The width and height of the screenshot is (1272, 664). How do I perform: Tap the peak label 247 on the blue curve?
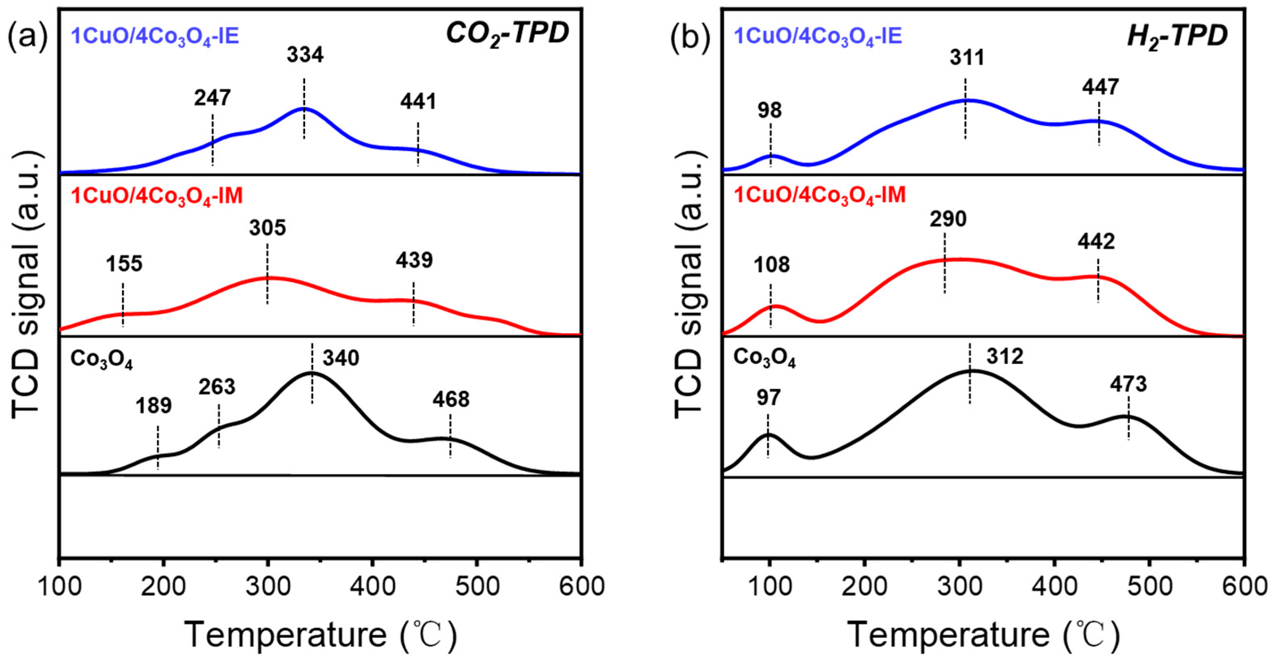(x=212, y=98)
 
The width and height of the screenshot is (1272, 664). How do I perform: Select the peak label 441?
(x=418, y=102)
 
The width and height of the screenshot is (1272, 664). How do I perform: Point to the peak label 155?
(x=124, y=264)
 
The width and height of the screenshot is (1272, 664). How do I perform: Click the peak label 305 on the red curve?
(x=267, y=228)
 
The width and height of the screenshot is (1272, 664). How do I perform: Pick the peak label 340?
(x=341, y=358)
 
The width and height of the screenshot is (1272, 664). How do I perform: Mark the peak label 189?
(x=154, y=406)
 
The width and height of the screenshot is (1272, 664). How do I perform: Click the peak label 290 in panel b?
(x=948, y=219)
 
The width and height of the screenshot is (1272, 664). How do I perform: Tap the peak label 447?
(x=1100, y=87)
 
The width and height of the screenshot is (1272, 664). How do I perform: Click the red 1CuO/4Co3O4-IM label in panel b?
(x=820, y=195)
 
